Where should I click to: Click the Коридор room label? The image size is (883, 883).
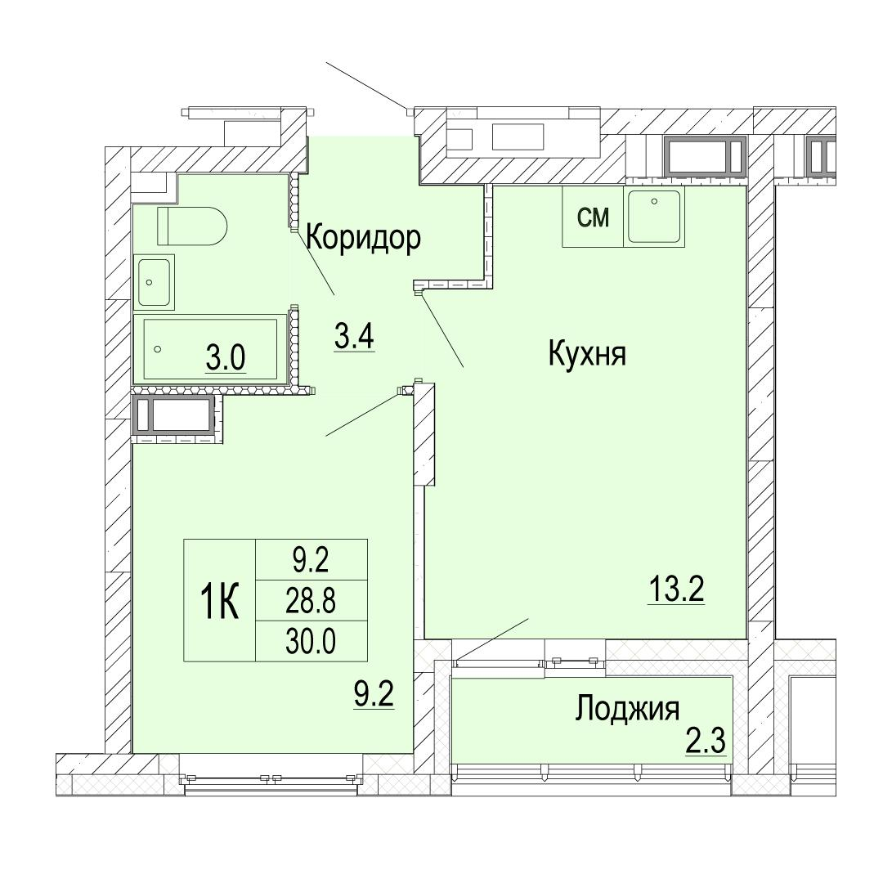[364, 239]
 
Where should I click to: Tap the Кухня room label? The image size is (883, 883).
[587, 355]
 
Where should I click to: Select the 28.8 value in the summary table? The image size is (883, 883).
[311, 601]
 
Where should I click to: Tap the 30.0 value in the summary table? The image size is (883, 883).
[311, 642]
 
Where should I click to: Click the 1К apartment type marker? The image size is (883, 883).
[220, 601]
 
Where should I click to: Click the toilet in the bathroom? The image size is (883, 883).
[191, 226]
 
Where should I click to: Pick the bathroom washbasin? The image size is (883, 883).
[154, 281]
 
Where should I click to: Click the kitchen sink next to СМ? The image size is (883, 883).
[654, 217]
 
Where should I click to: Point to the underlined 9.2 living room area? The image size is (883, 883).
[374, 694]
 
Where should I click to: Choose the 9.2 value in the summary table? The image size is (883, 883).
[311, 560]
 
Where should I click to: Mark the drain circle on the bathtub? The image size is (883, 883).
[158, 349]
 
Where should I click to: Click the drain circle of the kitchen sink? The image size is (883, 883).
[654, 201]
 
